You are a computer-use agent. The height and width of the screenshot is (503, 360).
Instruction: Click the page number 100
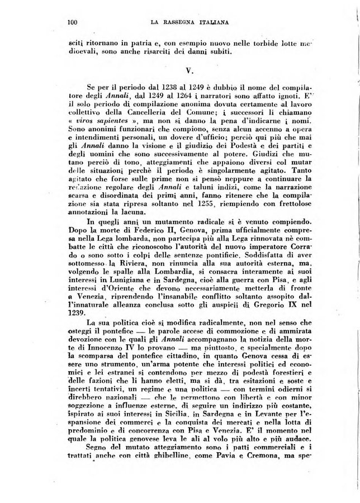71,22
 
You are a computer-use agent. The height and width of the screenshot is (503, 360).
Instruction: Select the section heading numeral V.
189,72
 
